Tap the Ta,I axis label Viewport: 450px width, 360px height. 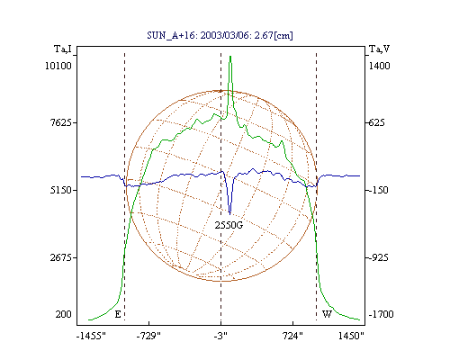[63, 49]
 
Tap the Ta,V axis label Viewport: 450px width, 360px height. [379, 49]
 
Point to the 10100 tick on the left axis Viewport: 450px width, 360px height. [58, 66]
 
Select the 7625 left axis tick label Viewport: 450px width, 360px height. [61, 122]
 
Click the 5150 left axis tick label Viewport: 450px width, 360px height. [61, 190]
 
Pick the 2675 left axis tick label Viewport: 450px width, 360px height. [61, 257]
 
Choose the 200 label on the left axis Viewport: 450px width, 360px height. [63, 314]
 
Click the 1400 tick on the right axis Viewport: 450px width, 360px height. [379, 66]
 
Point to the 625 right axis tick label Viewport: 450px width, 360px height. [376, 122]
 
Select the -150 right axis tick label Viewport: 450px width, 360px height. [378, 190]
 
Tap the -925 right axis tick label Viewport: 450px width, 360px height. [378, 257]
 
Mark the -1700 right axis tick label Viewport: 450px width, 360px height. [381, 314]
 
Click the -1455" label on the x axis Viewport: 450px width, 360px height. [91, 336]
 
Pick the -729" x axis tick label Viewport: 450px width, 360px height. [148, 336]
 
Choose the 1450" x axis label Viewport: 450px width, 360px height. [351, 336]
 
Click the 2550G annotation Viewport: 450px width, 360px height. [229, 225]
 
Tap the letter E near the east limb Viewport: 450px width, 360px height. [118, 314]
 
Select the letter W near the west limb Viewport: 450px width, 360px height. [327, 314]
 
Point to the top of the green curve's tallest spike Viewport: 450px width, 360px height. [230, 56]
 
